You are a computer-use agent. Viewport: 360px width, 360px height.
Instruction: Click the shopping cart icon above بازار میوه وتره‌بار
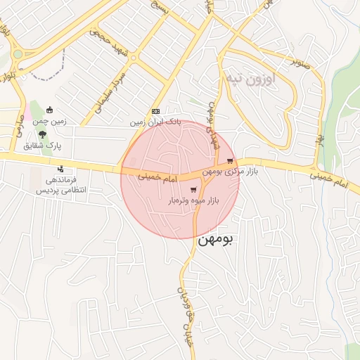point(193,190)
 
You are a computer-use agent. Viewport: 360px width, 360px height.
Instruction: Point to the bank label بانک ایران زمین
point(155,122)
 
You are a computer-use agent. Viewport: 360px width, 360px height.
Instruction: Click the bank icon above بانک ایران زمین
point(155,111)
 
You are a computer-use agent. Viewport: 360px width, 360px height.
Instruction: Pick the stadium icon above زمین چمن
point(49,110)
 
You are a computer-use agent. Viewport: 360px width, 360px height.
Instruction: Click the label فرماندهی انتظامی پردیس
point(60,185)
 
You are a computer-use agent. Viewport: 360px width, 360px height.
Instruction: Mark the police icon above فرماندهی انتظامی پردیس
point(60,169)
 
